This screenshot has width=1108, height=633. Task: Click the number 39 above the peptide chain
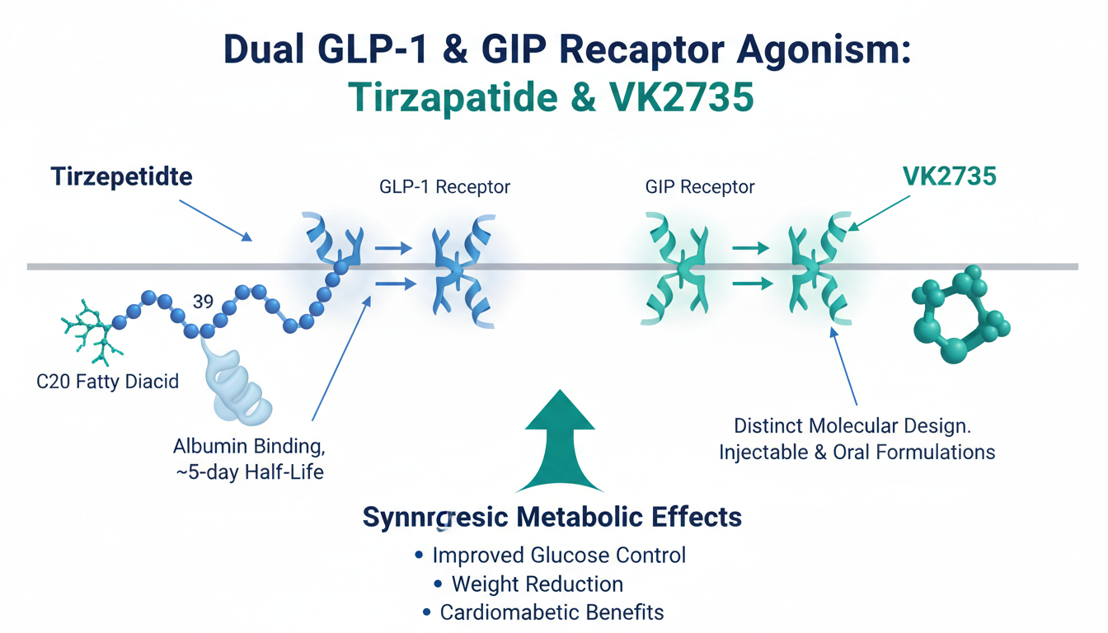[x=203, y=302]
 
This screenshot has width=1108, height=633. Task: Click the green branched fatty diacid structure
[x=90, y=332]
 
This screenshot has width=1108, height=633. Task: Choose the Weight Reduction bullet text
[x=538, y=584]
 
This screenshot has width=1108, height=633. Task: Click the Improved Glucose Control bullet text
[x=558, y=555]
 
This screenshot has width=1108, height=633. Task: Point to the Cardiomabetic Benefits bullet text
[x=552, y=612]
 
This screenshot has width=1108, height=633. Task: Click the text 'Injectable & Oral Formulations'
[x=857, y=452]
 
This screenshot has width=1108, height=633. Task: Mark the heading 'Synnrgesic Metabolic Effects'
[x=552, y=518]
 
